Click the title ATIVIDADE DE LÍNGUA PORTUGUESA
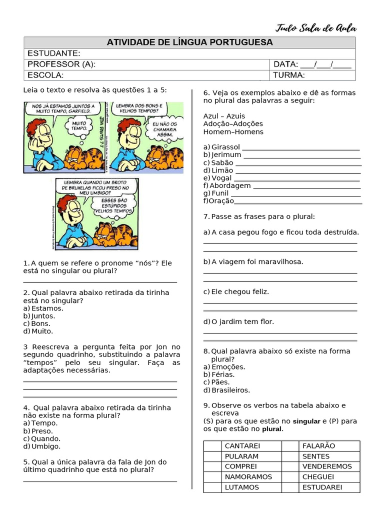click(x=189, y=42)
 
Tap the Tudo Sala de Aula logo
click(x=316, y=28)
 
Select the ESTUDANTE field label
click(x=53, y=53)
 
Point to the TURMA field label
click(x=289, y=75)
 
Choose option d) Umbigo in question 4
click(x=42, y=446)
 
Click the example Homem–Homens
click(x=233, y=132)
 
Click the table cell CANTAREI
click(x=242, y=445)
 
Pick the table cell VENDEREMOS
click(x=327, y=466)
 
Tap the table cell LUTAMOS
click(x=242, y=487)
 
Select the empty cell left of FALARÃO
click(x=289, y=445)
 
